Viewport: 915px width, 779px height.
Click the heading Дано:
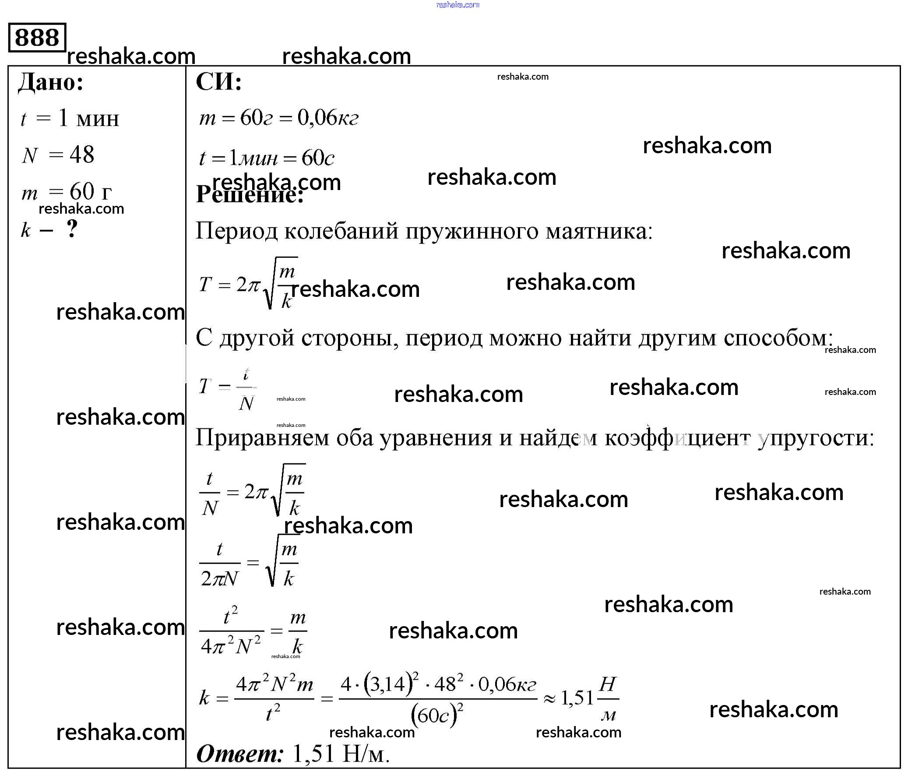pyautogui.click(x=51, y=82)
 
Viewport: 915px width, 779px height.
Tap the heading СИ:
pyautogui.click(x=218, y=82)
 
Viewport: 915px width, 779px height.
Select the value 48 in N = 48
pyautogui.click(x=82, y=155)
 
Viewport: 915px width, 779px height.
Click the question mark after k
pyautogui.click(x=72, y=229)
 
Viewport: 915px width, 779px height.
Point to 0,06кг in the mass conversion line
pyautogui.click(x=327, y=118)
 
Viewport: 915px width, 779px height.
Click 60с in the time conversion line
pyautogui.click(x=317, y=158)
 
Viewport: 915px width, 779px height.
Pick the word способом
pyautogui.click(x=778, y=338)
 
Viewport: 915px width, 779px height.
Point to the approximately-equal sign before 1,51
pyautogui.click(x=549, y=699)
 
